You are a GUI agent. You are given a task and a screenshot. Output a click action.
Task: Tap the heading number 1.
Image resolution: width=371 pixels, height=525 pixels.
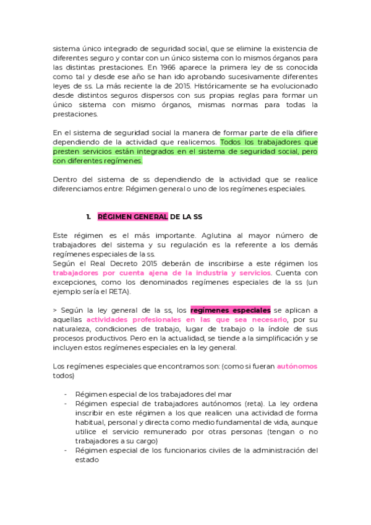click(x=89, y=217)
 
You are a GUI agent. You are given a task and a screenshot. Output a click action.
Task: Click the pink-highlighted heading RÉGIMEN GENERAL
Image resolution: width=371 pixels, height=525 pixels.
click(x=132, y=217)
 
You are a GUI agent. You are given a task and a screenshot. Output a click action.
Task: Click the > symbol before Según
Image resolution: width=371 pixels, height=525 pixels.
click(x=54, y=310)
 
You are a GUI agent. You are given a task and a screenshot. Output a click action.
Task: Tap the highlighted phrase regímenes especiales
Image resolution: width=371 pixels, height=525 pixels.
click(x=230, y=310)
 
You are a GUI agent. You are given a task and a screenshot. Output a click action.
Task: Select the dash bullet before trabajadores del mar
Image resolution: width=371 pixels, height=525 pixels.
click(x=66, y=394)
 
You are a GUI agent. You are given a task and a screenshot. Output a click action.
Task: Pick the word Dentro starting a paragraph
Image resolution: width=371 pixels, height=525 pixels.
click(x=65, y=180)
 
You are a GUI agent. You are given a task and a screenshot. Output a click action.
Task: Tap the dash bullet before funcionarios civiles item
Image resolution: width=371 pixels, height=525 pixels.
click(x=66, y=450)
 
